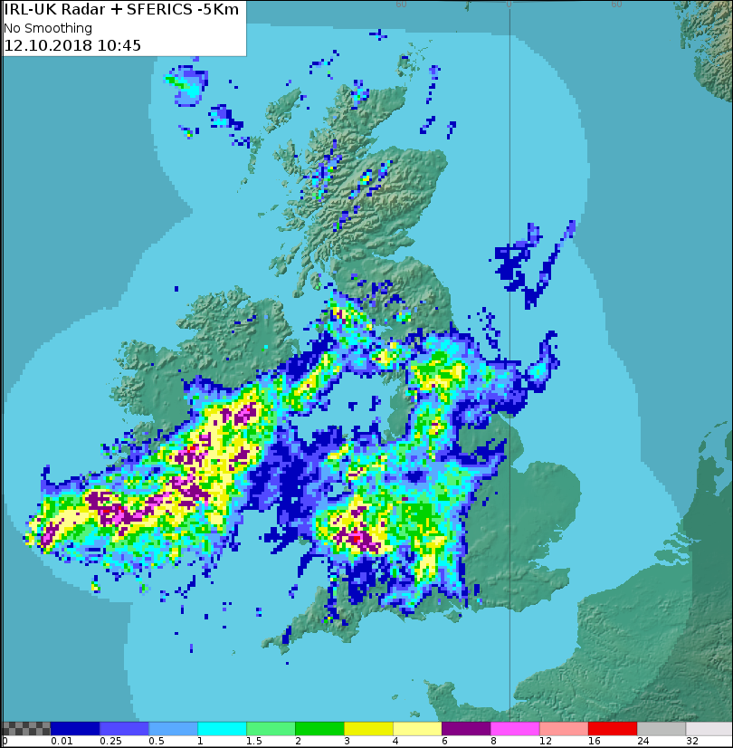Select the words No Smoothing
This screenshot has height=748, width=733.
[48, 28]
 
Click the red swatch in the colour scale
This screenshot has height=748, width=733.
[612, 728]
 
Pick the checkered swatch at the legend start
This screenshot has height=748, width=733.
[25, 728]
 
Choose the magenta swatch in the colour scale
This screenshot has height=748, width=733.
[514, 728]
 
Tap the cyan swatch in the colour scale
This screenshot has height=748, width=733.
[222, 728]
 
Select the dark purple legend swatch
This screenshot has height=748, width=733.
[465, 728]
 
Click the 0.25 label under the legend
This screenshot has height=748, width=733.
[110, 742]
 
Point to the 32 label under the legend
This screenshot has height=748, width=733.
[692, 742]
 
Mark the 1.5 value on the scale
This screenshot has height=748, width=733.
[253, 742]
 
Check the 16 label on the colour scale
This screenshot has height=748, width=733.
[595, 742]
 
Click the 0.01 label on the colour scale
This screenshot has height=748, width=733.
[62, 742]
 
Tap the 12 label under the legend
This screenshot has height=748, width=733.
[546, 742]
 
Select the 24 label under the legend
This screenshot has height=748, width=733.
[643, 742]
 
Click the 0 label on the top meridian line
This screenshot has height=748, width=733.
[509, 4]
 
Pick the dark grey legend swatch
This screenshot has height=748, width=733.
[661, 728]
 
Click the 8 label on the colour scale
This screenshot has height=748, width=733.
[493, 742]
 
